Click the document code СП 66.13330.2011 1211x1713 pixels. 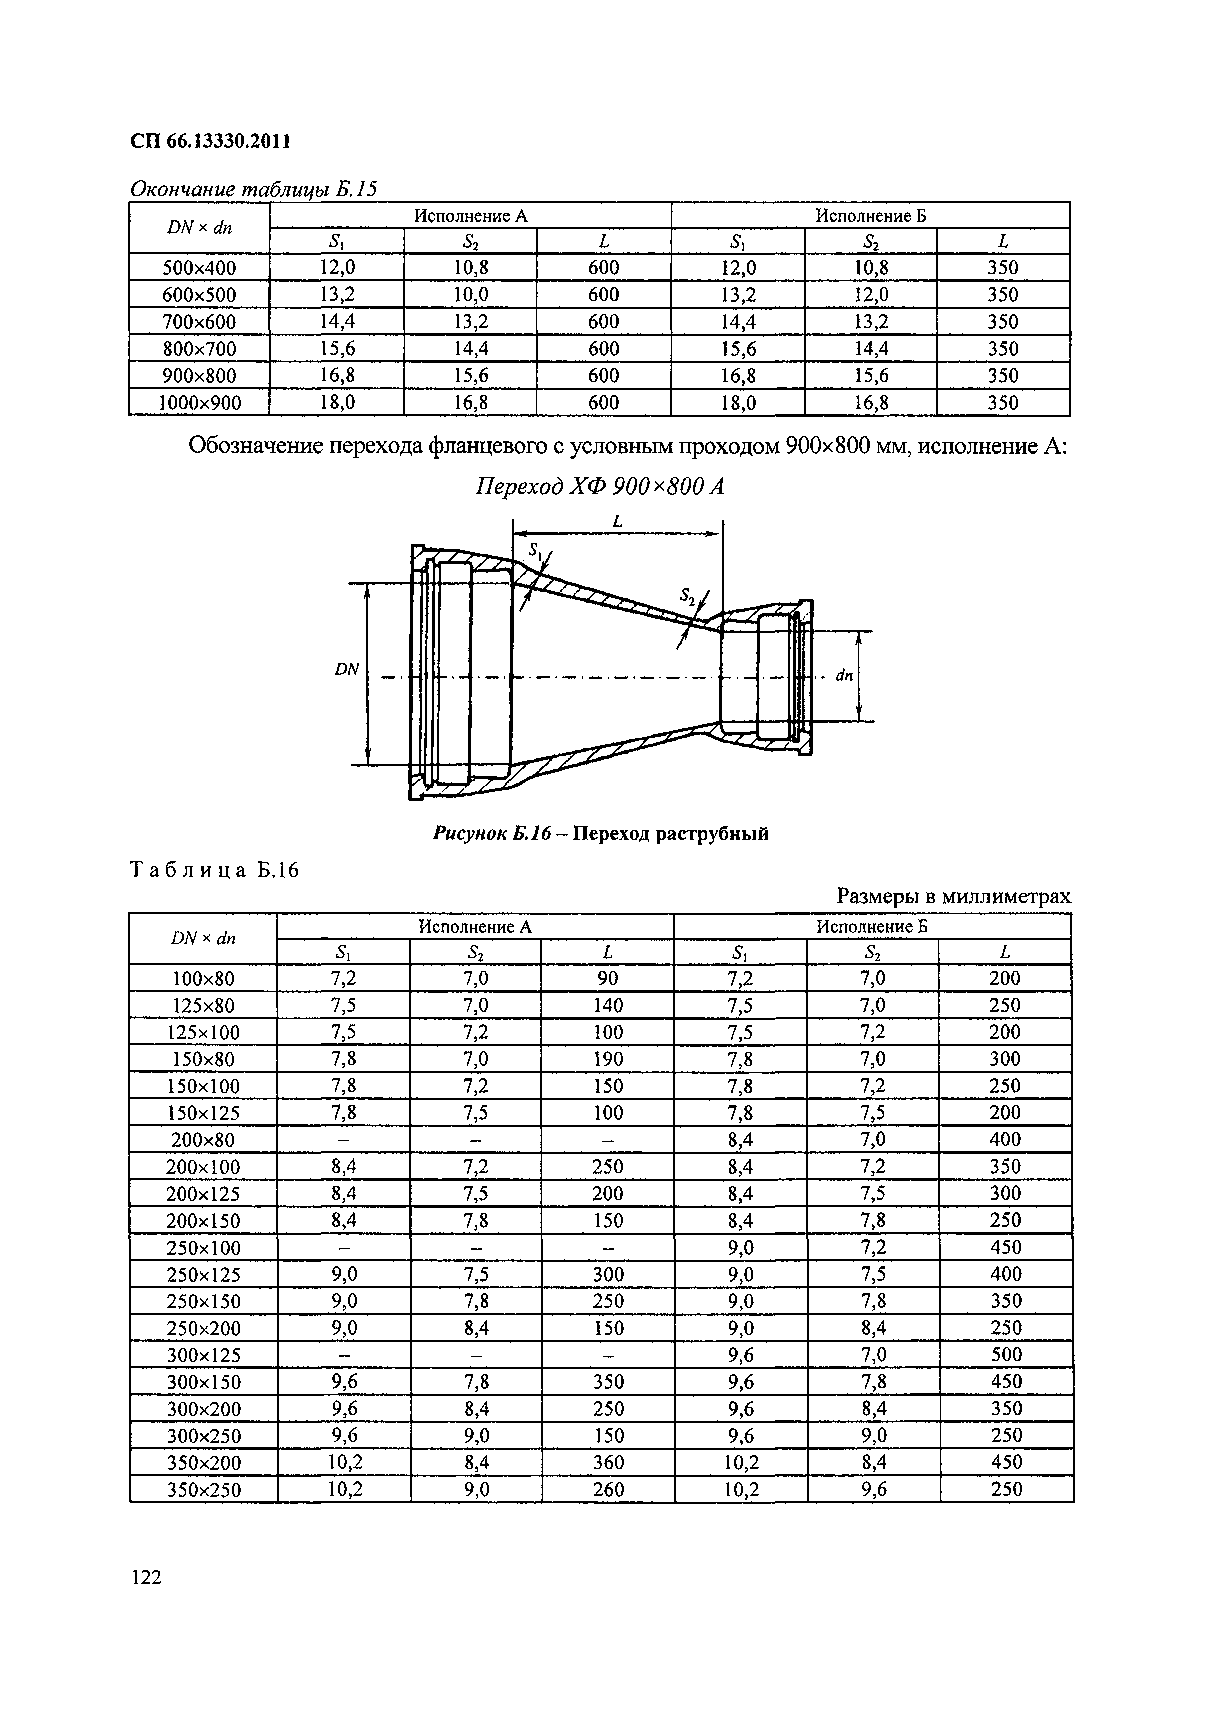point(210,141)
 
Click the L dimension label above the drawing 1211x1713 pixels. point(618,522)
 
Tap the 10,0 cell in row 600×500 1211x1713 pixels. point(471,295)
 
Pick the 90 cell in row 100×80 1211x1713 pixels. point(608,978)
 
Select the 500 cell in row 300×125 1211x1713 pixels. point(1006,1355)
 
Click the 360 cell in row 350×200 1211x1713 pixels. point(608,1462)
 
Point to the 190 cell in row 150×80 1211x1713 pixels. point(608,1059)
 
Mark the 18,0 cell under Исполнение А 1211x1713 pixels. point(337,403)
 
